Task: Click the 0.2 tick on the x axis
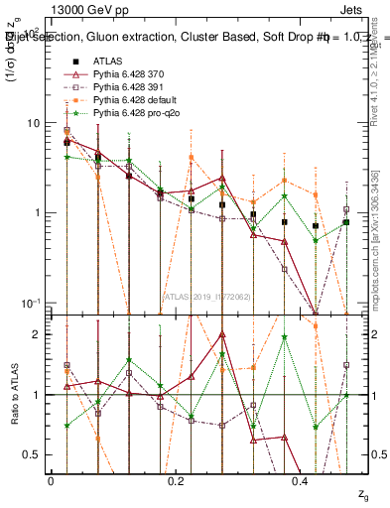[x=176, y=480]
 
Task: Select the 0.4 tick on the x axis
[x=301, y=480]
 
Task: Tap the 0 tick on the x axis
[x=51, y=480]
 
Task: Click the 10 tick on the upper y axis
[x=34, y=123]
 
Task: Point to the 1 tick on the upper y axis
[x=37, y=212]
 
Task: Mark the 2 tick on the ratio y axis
[x=37, y=334]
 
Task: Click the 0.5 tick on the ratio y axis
[x=32, y=454]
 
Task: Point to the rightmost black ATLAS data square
[x=345, y=222]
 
